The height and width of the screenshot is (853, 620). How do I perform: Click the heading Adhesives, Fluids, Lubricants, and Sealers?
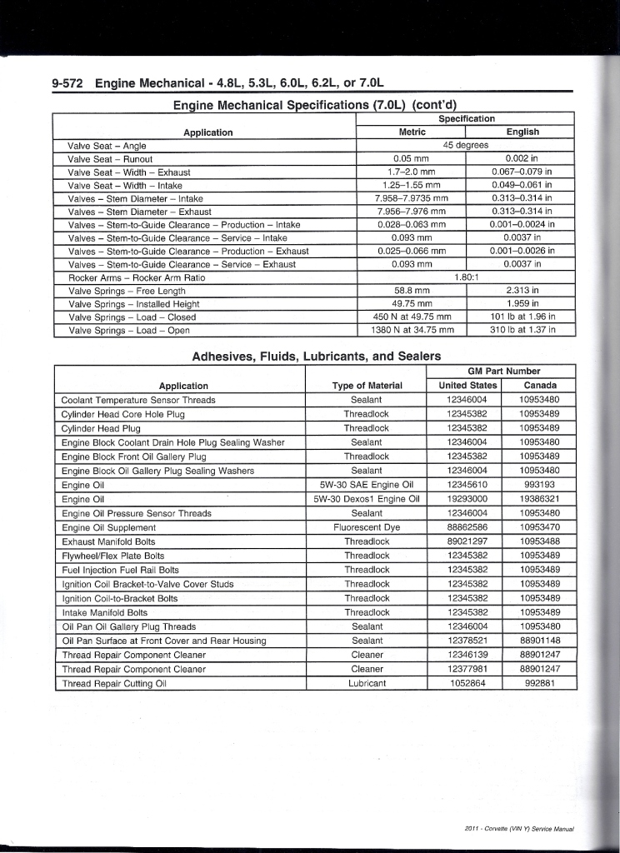[x=316, y=356]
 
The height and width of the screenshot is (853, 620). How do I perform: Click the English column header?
[x=522, y=132]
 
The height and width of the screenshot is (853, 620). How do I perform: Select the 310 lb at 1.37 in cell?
[x=522, y=330]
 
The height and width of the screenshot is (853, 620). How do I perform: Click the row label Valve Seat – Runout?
[x=110, y=158]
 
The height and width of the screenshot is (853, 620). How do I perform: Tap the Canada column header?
[x=539, y=385]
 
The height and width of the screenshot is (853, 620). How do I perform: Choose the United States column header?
[x=467, y=385]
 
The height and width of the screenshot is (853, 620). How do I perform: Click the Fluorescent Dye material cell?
[x=367, y=527]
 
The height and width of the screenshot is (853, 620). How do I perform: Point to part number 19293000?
[x=467, y=499]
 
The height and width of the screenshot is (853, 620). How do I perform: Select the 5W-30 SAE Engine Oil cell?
[x=367, y=485]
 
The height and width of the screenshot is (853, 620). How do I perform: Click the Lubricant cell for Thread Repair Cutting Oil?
[x=367, y=683]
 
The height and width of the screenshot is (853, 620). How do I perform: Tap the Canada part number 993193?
[x=539, y=485]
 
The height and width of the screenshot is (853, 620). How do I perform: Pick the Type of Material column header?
[x=367, y=386]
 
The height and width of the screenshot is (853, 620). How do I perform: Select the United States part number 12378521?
[x=467, y=641]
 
